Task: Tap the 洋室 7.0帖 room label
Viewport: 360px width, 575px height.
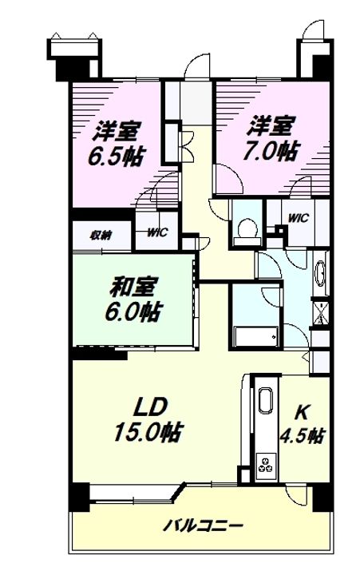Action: click(271, 139)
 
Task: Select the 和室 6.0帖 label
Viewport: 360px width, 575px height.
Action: click(133, 299)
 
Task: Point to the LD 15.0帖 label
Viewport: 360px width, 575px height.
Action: click(148, 420)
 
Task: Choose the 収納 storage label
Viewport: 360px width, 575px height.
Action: click(101, 235)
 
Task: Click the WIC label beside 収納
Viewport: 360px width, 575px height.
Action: click(157, 232)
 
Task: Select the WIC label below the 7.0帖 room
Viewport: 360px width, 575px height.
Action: click(298, 218)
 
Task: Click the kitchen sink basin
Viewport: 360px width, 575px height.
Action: click(266, 400)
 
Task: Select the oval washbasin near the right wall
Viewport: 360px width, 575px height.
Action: click(320, 273)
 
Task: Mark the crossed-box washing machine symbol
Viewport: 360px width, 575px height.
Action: click(320, 313)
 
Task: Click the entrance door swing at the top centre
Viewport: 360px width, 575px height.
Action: click(197, 66)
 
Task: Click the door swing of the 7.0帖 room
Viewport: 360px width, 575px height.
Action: click(229, 179)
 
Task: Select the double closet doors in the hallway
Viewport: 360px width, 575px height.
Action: click(187, 145)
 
